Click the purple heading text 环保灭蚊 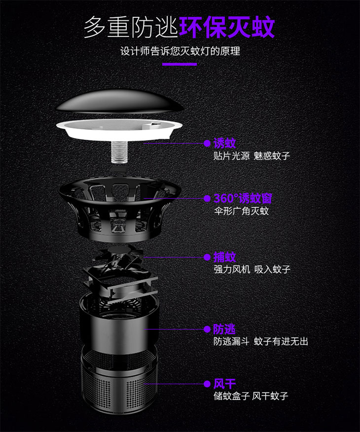(226, 27)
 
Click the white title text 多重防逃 (130, 27)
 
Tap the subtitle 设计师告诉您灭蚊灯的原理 (180, 51)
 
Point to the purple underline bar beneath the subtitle (180, 64)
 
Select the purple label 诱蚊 (224, 144)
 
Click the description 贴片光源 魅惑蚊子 (252, 156)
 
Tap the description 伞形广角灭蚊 (241, 212)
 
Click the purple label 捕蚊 (224, 257)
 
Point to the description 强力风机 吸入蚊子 (252, 270)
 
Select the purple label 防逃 (224, 329)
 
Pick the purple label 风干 (224, 384)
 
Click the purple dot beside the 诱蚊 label (207, 144)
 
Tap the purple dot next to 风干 (207, 384)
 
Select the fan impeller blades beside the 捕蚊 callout (118, 258)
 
